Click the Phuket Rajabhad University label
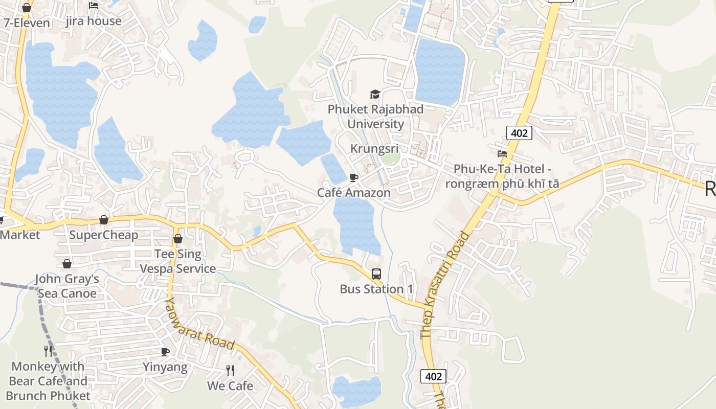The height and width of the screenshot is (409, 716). [x=375, y=117]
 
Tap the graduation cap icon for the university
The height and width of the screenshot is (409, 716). [x=375, y=94]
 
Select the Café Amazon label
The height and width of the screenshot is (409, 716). [x=354, y=193]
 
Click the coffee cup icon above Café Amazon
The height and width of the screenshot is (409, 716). [x=353, y=177]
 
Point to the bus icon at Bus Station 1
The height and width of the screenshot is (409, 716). [x=376, y=274]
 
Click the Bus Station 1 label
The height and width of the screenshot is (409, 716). [x=376, y=289]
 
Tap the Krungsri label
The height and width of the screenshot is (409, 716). [x=374, y=148]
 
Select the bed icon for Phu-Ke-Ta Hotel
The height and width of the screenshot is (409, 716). [x=502, y=153]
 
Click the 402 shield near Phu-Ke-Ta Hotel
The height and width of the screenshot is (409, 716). [x=520, y=133]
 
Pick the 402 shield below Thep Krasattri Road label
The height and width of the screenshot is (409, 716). [x=433, y=377]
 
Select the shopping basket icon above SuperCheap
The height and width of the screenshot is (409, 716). [x=104, y=220]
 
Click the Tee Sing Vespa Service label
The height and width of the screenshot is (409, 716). [x=178, y=261]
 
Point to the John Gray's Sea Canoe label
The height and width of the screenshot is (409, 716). [x=67, y=286]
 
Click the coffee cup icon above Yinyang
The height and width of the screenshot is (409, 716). [x=165, y=352]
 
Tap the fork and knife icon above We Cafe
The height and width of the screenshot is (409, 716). [x=230, y=370]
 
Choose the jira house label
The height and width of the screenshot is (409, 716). [x=94, y=21]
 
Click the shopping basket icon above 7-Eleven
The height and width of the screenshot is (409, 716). [x=27, y=8]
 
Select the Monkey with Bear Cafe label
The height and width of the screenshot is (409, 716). [x=48, y=381]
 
